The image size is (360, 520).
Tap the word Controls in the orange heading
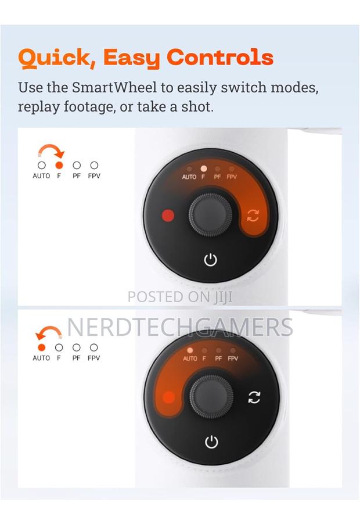click(x=220, y=57)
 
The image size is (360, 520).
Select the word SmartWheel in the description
click(x=114, y=88)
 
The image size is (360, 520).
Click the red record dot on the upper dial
click(x=168, y=215)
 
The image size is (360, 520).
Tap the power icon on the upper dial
click(x=211, y=260)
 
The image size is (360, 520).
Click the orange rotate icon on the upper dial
click(x=253, y=216)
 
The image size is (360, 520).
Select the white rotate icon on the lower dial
click(x=254, y=397)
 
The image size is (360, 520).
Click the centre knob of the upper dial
click(x=211, y=215)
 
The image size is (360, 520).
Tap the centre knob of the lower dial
click(x=211, y=397)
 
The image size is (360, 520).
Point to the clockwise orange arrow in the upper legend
click(x=51, y=147)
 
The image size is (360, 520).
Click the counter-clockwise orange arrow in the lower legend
click(x=48, y=329)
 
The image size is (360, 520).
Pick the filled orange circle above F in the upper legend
click(x=59, y=165)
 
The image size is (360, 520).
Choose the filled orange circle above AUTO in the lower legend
click(x=41, y=347)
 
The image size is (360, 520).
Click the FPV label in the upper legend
click(x=94, y=176)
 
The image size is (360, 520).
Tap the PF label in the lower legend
click(x=76, y=358)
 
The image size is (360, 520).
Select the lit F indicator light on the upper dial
click(x=204, y=168)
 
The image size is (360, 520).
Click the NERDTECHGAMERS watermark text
click(x=180, y=327)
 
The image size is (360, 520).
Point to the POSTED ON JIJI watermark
click(x=180, y=297)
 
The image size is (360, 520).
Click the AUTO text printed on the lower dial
click(x=190, y=358)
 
